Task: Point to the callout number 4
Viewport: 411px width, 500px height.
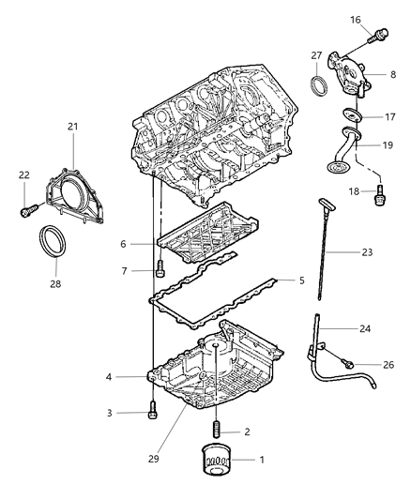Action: click(302, 280)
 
